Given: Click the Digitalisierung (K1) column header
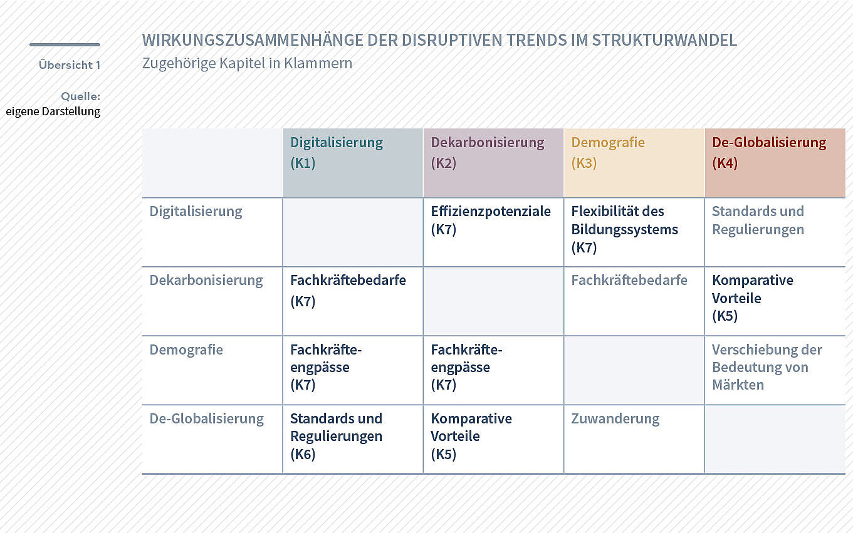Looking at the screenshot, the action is [x=337, y=153].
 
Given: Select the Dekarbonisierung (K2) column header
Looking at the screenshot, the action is [x=488, y=153].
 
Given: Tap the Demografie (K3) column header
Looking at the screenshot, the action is [x=608, y=153].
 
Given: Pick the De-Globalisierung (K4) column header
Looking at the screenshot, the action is [x=769, y=153].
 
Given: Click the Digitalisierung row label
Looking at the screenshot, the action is [x=196, y=212].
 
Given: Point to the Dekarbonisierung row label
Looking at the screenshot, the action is [x=206, y=281].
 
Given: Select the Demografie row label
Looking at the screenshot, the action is [x=186, y=349].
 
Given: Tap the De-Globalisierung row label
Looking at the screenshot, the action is [x=206, y=418].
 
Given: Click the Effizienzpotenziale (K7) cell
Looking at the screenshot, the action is [x=491, y=220].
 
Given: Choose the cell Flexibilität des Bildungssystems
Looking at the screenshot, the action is [x=624, y=229].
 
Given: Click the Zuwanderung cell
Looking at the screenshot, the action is [x=615, y=418].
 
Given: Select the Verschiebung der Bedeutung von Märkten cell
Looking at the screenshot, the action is [x=767, y=367].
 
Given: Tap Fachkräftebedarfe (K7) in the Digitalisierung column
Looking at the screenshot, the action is [x=348, y=291].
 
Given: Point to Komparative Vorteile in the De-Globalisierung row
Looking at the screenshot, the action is [x=471, y=437].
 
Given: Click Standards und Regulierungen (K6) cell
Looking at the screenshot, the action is [x=337, y=437].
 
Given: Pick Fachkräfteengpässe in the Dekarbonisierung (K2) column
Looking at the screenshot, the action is [x=466, y=367].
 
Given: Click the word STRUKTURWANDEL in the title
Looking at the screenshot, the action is [x=664, y=40].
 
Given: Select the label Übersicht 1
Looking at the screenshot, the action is [x=70, y=65].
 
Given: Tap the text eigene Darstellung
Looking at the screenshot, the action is [x=53, y=111].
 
